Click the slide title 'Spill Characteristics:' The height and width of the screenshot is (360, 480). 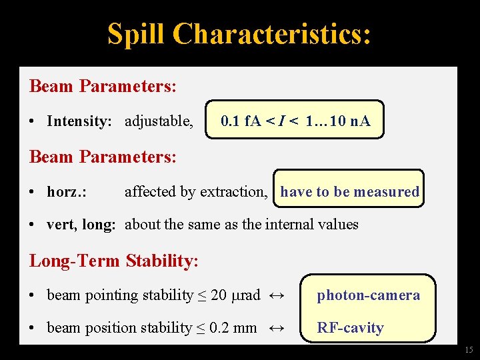[x=239, y=34]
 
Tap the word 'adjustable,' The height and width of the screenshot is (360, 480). [x=159, y=121]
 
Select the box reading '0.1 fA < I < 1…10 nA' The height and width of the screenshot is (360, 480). [x=295, y=121]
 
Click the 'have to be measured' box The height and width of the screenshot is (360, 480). [x=349, y=192]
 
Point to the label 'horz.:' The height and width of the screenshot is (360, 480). [x=67, y=192]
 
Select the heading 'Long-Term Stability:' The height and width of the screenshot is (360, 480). [x=114, y=261]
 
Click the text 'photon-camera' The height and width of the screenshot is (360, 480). [x=368, y=295]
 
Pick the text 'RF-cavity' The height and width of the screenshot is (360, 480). [x=350, y=328]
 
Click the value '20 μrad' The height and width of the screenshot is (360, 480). [x=235, y=295]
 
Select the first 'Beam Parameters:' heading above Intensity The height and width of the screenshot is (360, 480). [x=103, y=87]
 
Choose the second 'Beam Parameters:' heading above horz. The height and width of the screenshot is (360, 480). [x=103, y=157]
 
